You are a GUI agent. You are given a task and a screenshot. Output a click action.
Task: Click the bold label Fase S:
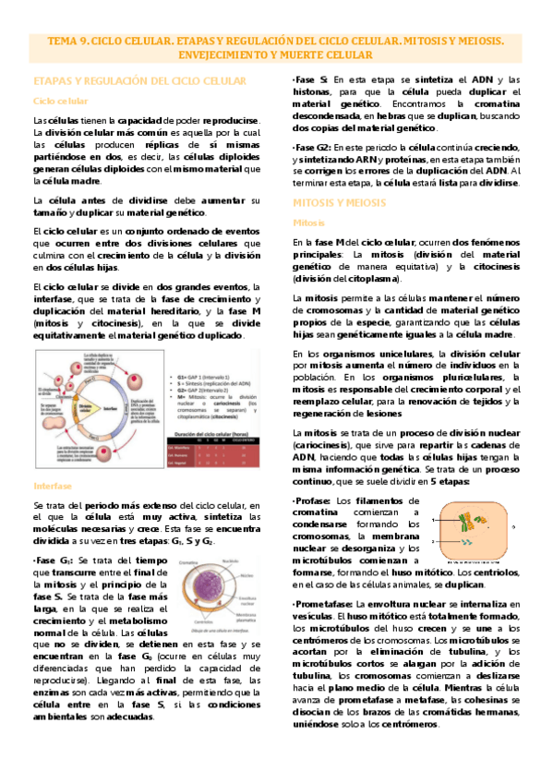(x=311, y=80)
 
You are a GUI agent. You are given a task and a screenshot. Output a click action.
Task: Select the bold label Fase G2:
(x=315, y=148)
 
